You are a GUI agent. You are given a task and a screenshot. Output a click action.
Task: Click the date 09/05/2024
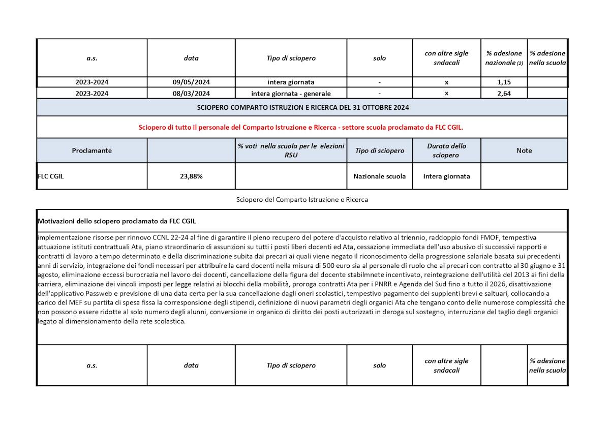[x=191, y=82]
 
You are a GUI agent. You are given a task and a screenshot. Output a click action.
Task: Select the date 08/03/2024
[x=191, y=93]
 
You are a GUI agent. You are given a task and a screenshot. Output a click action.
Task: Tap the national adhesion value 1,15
[x=504, y=82]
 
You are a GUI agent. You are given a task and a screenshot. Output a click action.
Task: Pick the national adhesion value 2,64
[x=504, y=93]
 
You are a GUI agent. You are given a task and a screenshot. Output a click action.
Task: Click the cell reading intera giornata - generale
[x=291, y=93]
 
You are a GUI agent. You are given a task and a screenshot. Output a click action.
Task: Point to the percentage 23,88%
[x=191, y=176]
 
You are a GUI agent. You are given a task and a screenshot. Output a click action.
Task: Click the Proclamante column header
[x=92, y=150]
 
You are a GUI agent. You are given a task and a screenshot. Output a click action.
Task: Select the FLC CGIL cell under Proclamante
[x=51, y=176]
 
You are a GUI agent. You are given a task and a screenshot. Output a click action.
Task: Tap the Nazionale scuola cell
[x=380, y=176]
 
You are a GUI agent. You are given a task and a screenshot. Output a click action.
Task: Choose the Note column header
[x=524, y=150]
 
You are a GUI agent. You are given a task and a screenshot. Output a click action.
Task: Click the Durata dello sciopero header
[x=446, y=150]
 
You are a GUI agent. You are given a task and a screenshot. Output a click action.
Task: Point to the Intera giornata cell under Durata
[x=446, y=176]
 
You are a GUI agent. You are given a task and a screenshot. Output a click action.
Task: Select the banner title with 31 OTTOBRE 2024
[x=303, y=107]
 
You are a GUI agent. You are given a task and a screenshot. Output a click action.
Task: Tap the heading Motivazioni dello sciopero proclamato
[x=117, y=221]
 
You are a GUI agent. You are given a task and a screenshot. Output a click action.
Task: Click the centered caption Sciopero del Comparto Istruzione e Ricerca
[x=302, y=200]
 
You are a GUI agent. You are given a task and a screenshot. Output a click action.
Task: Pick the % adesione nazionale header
[x=504, y=58]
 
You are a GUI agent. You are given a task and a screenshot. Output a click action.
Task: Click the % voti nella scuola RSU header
[x=291, y=150]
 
